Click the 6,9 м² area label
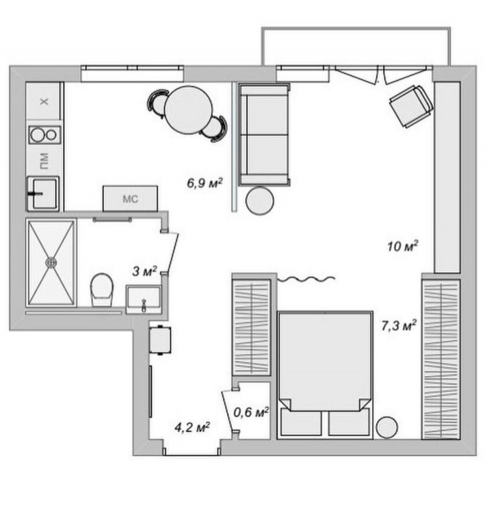tap(205, 183)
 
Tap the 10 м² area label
tap(403, 246)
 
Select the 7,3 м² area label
tap(399, 325)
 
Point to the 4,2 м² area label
tap(192, 427)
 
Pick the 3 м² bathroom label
tap(144, 271)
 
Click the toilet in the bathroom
tap(102, 290)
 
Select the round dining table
tap(188, 110)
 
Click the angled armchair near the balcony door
tap(411, 106)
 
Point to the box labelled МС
tap(130, 198)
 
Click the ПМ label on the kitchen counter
tap(44, 161)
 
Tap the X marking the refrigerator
tap(44, 102)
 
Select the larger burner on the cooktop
tap(37, 135)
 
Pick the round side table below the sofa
tap(260, 200)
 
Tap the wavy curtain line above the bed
tap(306, 278)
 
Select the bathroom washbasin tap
tap(144, 305)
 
